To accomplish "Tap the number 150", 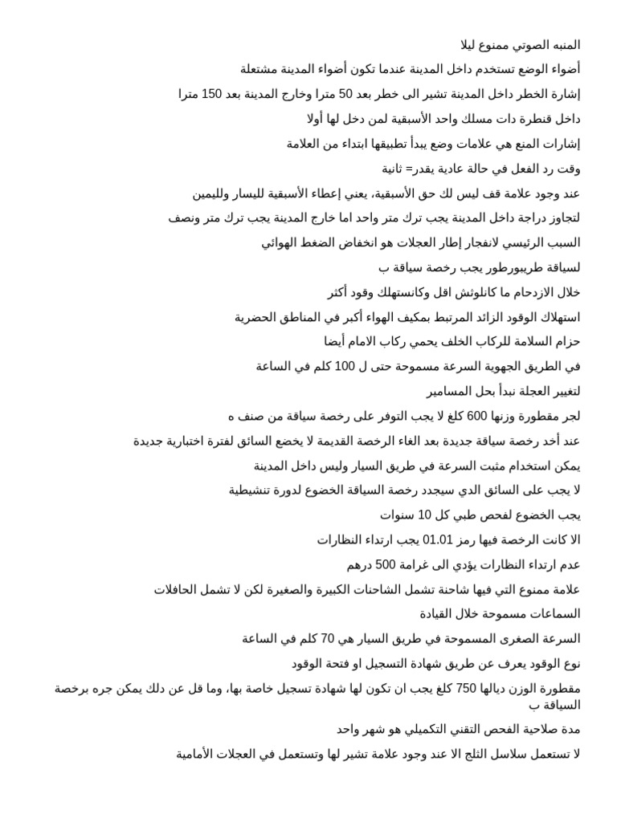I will click(212, 95).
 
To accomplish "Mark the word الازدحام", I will click(525, 292).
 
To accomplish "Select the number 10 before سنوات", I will click(425, 515).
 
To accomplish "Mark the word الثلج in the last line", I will click(468, 754).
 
